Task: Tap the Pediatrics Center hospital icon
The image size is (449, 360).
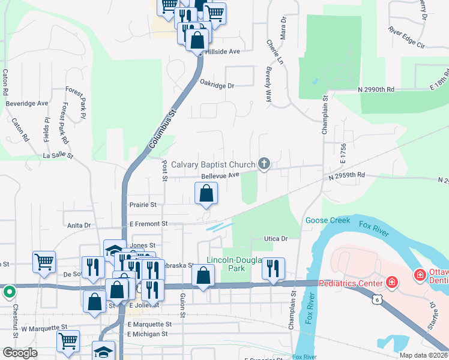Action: pos(391,282)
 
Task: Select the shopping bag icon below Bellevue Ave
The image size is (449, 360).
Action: pos(206,194)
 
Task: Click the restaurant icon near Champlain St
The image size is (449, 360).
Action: pos(273,269)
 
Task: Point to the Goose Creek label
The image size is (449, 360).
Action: pos(327,220)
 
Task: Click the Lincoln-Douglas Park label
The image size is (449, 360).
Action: pos(235,264)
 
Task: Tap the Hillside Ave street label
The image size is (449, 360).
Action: pos(222,52)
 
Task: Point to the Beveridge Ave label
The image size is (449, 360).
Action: pos(26,103)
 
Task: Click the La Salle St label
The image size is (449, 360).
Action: pos(58,155)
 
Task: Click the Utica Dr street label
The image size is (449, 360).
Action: pos(276,239)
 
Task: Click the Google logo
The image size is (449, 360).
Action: pos(20,353)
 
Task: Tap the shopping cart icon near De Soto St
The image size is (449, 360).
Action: pos(44,262)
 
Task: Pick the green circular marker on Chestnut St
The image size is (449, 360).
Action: pos(9,293)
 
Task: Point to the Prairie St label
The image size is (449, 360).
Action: pos(143,205)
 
